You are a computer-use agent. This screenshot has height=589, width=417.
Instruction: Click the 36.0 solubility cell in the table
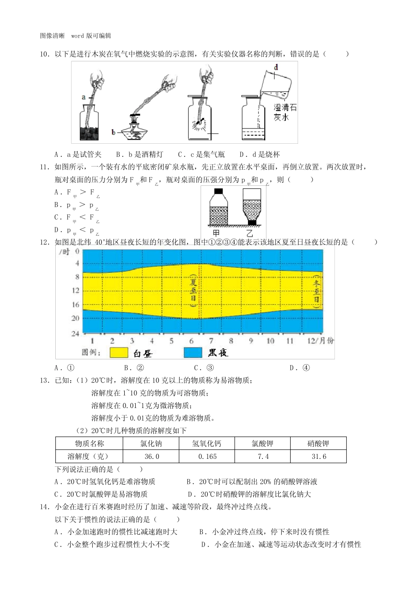click(x=151, y=457)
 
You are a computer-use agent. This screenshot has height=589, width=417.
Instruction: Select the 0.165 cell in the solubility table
click(x=207, y=457)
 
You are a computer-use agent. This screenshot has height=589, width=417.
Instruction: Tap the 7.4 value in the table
click(x=263, y=457)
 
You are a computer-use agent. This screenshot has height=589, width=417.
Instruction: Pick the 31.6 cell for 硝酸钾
click(x=319, y=457)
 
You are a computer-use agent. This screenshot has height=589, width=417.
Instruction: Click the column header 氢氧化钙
click(x=207, y=444)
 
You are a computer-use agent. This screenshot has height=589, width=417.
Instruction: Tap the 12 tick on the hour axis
click(x=75, y=290)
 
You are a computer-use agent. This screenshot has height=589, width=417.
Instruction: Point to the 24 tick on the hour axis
click(x=75, y=334)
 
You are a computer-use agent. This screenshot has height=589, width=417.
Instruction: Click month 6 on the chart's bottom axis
click(x=191, y=341)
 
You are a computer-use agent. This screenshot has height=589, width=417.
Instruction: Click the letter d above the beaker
click(x=276, y=67)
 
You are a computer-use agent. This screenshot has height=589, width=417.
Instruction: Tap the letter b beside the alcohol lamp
click(x=113, y=132)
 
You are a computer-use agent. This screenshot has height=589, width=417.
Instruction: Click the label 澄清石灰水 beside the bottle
click(x=285, y=112)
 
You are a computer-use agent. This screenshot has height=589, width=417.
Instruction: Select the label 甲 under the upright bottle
click(x=216, y=233)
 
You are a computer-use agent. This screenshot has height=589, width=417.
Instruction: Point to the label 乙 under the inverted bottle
click(x=250, y=233)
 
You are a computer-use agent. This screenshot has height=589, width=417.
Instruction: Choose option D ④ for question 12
click(x=300, y=368)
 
